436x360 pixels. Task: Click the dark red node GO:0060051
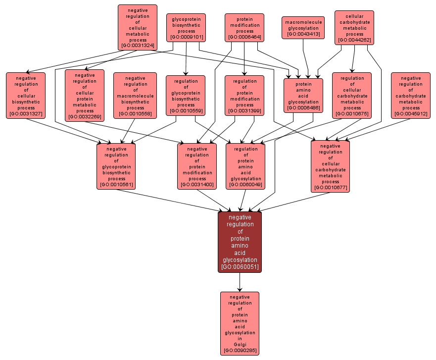pos(240,242)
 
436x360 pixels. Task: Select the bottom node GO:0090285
pos(240,323)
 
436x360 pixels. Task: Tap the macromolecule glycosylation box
pos(303,28)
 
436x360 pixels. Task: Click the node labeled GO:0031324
pos(138,28)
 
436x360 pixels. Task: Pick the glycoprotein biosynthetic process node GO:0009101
pos(186,28)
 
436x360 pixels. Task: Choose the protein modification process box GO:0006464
pos(244,28)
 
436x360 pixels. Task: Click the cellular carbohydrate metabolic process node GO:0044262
pos(354,28)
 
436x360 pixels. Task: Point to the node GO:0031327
pos(26,96)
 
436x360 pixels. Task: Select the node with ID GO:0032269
pos(85,96)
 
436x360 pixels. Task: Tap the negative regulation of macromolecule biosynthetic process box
pos(135,96)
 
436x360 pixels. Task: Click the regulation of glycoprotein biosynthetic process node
pos(186,96)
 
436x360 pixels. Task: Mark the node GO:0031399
pos(244,96)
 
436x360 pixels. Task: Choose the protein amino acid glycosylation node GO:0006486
pos(303,96)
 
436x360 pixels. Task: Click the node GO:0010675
pos(352,96)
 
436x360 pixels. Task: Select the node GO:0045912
pos(411,96)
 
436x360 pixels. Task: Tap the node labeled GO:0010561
pos(116,166)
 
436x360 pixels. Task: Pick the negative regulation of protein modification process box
pos(197,166)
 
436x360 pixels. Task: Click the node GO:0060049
pos(245,166)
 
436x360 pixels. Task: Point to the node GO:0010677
pos(330,166)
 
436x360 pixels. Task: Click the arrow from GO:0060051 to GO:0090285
pos(240,282)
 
